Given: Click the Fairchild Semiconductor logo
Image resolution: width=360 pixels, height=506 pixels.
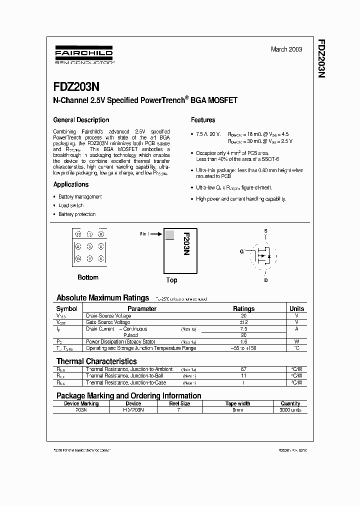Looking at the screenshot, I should tap(83, 56).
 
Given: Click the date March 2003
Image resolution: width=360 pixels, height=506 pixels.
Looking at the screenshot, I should tap(286, 49).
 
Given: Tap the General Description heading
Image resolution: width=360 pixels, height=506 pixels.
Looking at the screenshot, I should tap(81, 120).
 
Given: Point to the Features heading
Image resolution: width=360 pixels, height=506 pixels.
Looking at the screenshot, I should tap(203, 120).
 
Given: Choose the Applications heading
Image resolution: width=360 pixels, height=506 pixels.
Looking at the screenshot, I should tap(71, 184).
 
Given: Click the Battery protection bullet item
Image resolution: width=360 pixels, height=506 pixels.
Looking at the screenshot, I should tap(77, 214).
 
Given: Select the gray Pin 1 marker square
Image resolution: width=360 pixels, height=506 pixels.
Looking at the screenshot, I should tap(169, 234).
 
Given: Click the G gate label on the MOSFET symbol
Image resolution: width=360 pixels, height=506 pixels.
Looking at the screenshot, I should tap(241, 251).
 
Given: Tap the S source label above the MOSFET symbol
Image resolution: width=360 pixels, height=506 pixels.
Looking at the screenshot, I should tap(265, 230).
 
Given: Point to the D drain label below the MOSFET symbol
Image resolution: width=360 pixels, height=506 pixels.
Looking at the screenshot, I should tap(265, 280).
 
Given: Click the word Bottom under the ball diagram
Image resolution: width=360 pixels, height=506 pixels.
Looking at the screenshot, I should tap(88, 277).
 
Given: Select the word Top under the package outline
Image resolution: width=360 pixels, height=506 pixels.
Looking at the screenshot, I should tap(171, 280).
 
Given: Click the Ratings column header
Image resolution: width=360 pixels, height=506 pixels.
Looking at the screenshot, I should tap(244, 309).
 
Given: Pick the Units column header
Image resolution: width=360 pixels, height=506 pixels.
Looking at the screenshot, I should tap(296, 309).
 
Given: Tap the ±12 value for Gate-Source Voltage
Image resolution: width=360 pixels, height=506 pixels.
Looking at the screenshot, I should tap(244, 322).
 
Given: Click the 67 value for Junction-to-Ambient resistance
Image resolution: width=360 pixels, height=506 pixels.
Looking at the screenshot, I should tap(244, 369).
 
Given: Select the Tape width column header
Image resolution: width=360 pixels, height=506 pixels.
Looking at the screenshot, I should tap(238, 403).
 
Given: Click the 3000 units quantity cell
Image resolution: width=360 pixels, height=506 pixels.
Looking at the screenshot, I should tap(290, 410).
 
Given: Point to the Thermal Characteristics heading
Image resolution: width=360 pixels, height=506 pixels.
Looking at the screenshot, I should tap(96, 361).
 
